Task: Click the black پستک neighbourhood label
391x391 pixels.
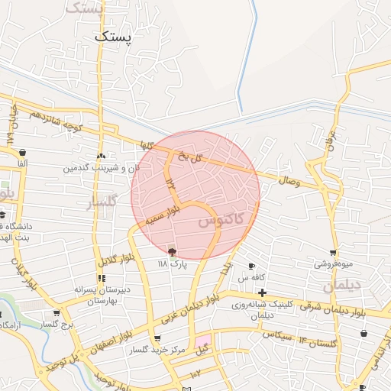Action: (114, 37)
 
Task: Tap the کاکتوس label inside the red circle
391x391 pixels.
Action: (221, 221)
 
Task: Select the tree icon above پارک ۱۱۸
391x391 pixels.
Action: (172, 251)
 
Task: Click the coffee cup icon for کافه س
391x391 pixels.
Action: (251, 266)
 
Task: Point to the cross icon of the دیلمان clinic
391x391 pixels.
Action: (262, 292)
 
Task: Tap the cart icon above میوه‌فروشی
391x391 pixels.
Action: (332, 253)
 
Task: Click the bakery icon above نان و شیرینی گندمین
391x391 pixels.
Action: (101, 156)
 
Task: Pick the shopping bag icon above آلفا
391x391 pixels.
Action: (22, 152)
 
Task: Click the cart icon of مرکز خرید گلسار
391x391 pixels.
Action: (157, 338)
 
